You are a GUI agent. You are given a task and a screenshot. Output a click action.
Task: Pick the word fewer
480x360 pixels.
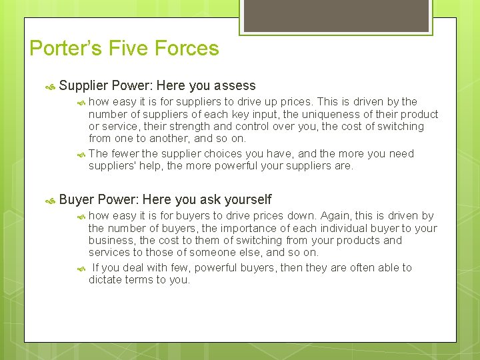pos(125,153)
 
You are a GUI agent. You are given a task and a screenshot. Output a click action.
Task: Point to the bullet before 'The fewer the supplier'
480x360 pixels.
pos(80,154)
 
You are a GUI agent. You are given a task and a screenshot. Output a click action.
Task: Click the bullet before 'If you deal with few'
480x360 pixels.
pos(80,268)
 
